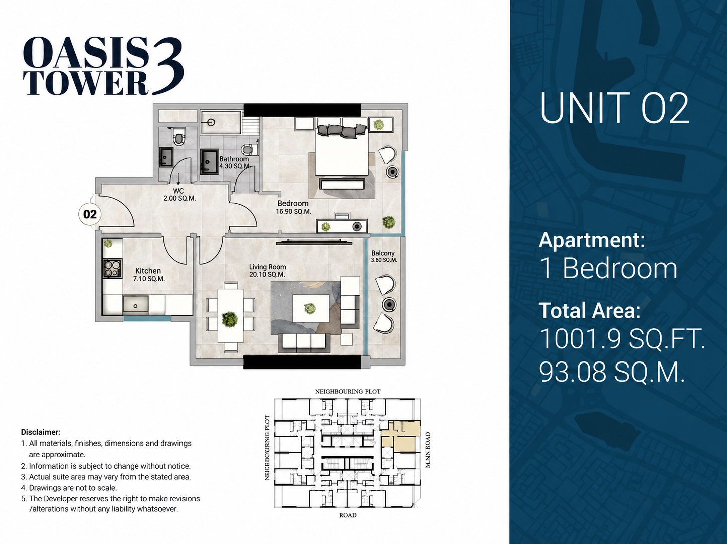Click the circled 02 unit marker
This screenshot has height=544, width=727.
coord(90,214)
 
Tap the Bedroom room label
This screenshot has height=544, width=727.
coord(293,203)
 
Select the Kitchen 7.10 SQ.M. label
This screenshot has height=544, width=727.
coord(149,275)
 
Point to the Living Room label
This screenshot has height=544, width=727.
coord(267,267)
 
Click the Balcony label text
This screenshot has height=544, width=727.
coord(383,253)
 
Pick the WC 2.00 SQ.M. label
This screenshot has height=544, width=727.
coord(179,195)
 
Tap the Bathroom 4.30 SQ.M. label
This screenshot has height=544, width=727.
coord(235,162)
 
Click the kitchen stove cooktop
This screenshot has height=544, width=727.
coord(113,268)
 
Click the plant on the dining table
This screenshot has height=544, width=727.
coord(230,319)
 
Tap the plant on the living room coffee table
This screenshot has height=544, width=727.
coord(310,308)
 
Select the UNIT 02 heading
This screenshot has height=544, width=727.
coord(614,108)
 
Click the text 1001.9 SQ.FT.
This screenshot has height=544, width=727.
coord(622,338)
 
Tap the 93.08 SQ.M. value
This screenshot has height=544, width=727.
coord(612,372)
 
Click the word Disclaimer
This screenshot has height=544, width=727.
coord(41,432)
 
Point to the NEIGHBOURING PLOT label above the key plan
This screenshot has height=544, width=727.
coord(348,392)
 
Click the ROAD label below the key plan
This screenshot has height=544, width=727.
coord(348,515)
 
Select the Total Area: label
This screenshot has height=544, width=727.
coord(590,310)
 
